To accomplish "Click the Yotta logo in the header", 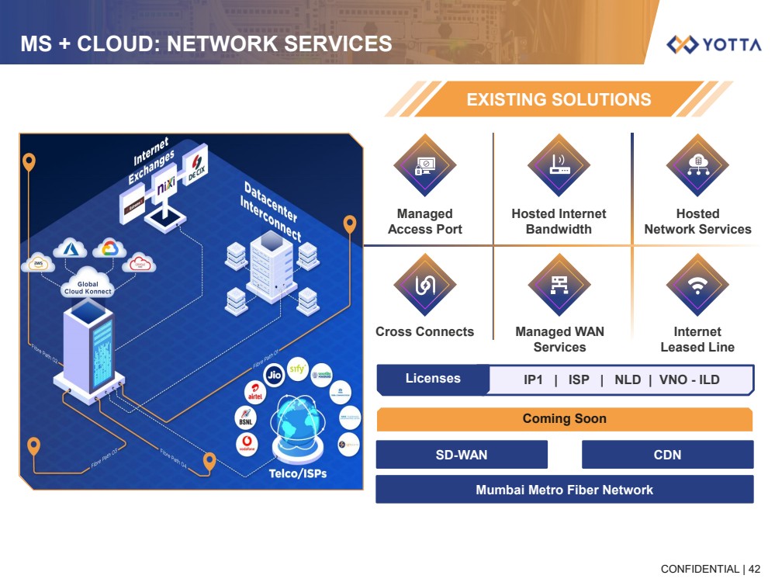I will point(714,44).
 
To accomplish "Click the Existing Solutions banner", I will point(559,99).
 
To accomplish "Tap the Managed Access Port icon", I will point(424,165).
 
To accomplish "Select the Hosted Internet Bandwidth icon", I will point(559,165).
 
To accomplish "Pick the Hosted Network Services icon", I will point(697,165).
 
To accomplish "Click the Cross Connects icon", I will point(424,285).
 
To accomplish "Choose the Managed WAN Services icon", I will point(559,285).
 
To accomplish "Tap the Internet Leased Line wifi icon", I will point(697,285).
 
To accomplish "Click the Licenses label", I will point(433,379).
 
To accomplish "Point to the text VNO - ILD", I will point(690,379).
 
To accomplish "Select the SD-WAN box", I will point(462,455).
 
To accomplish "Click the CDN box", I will point(667,455).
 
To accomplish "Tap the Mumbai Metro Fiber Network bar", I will point(564,490).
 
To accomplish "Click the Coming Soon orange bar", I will point(564,419).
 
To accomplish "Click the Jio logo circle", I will point(272,374).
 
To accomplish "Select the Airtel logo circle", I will point(254,393).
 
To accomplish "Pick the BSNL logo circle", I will point(246,418).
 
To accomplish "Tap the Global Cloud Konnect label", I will point(88,288).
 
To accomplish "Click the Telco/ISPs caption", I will point(298,473).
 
